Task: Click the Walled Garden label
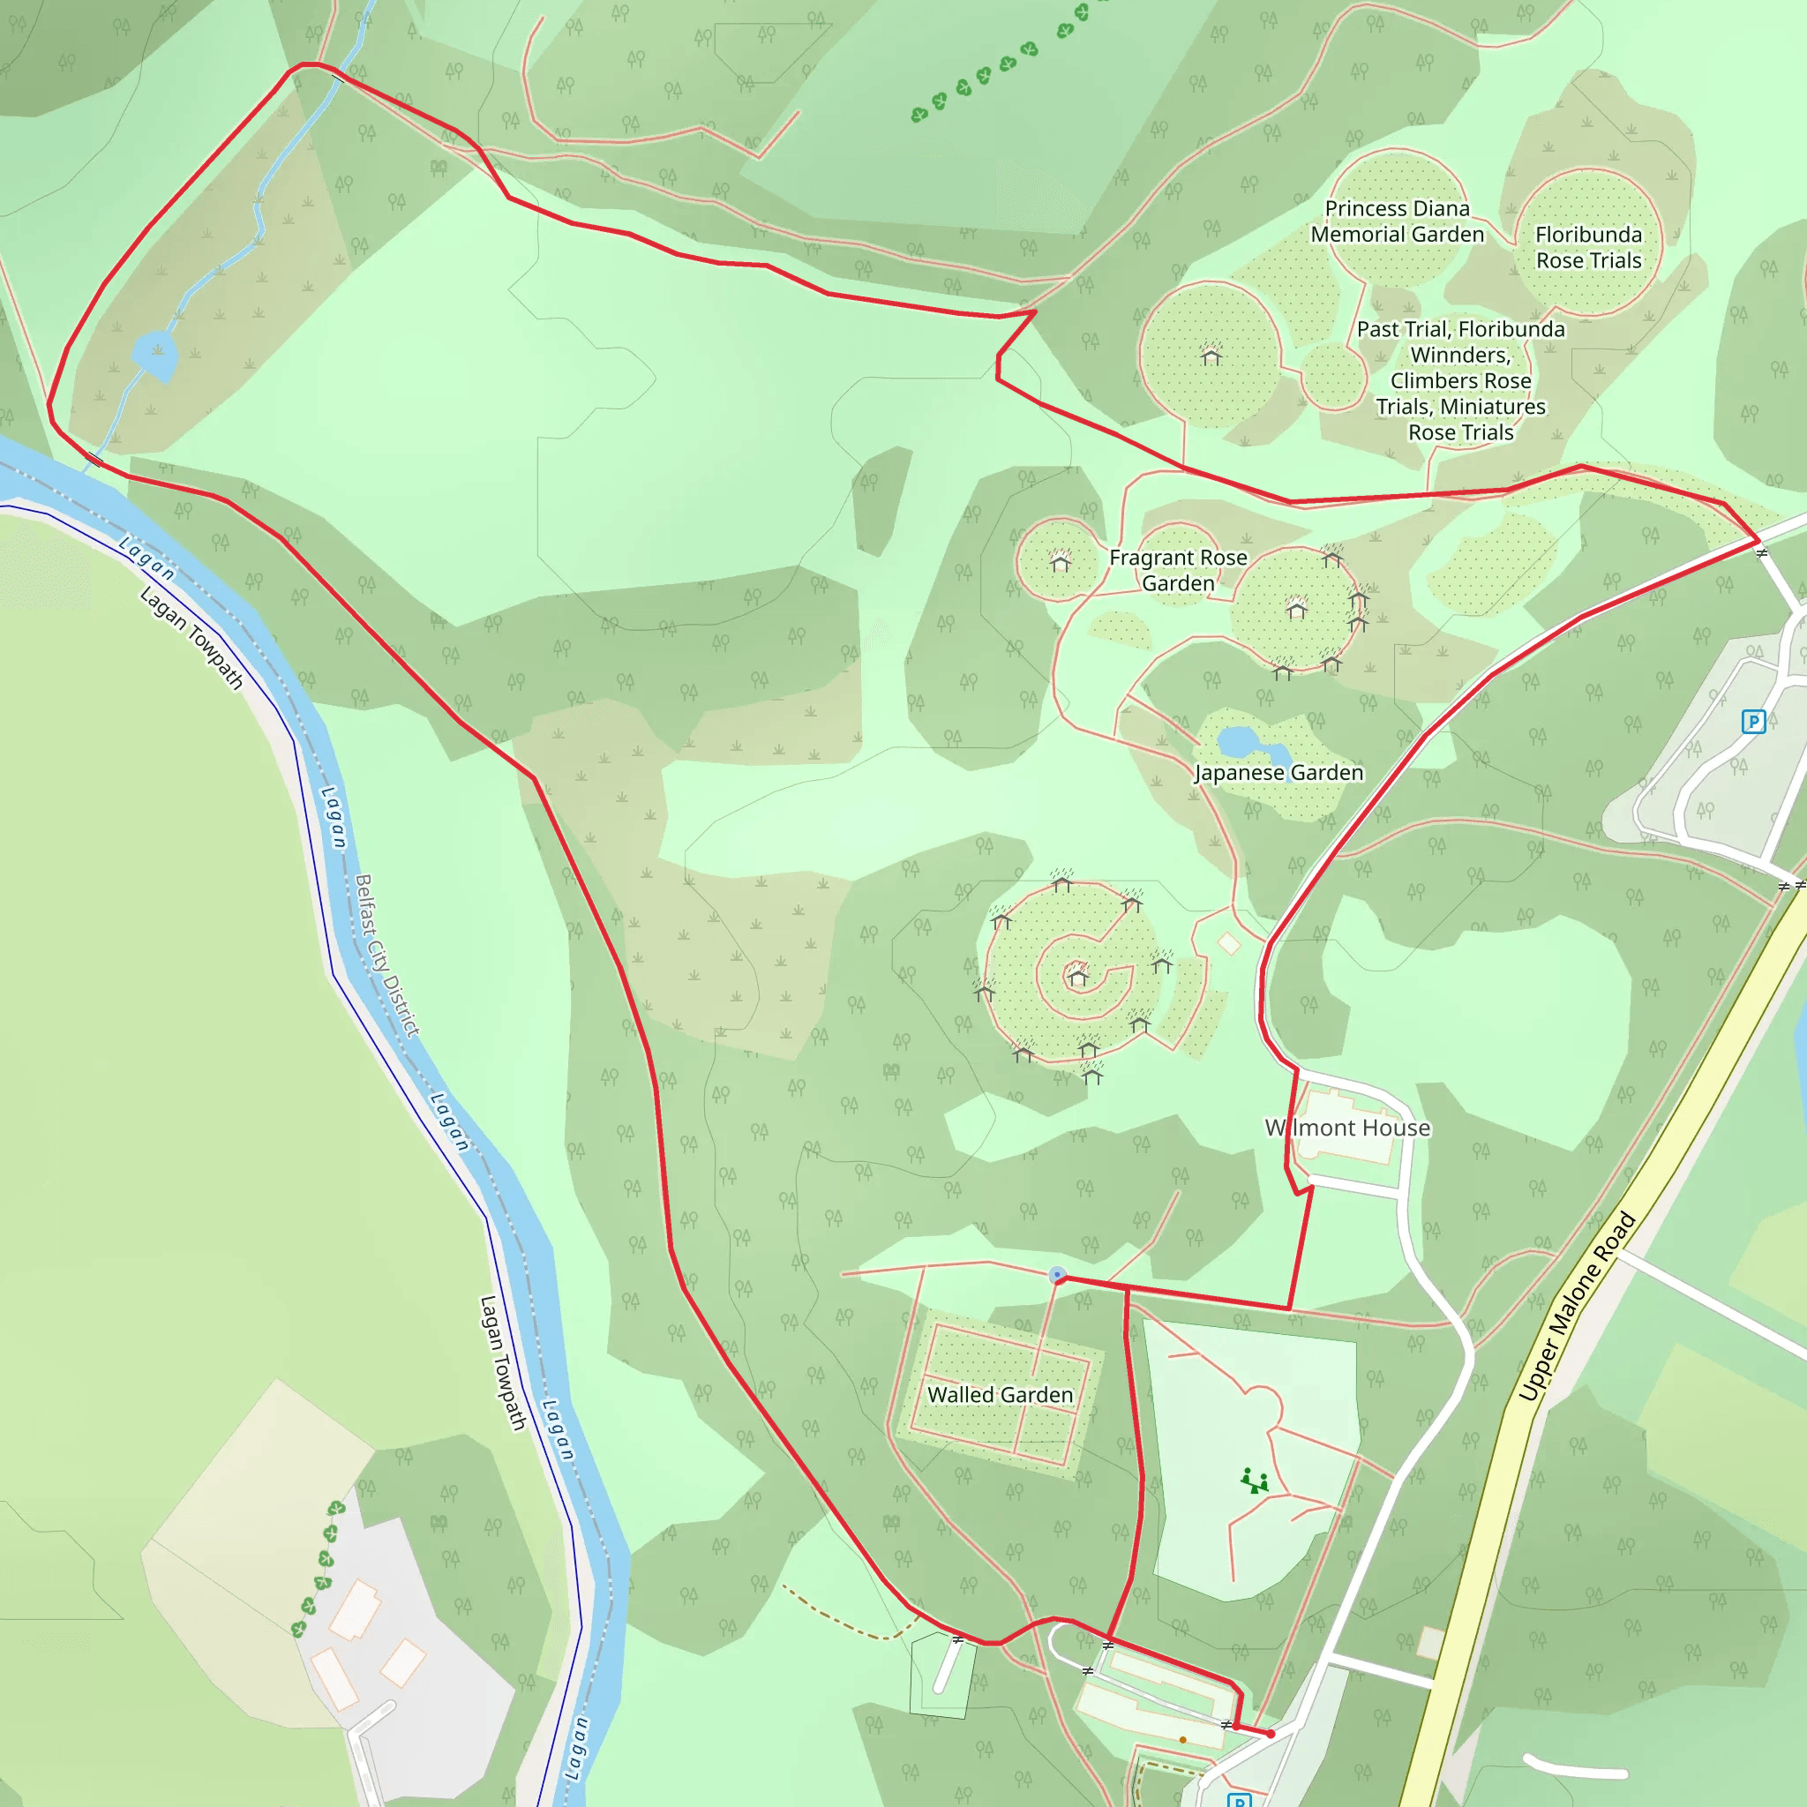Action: click(x=1000, y=1395)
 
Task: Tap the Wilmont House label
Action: click(x=1348, y=1128)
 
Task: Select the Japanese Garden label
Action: click(x=1278, y=773)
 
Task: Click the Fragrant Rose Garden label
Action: click(x=1178, y=570)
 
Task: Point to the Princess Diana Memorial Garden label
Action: click(x=1398, y=221)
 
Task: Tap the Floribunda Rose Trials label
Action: click(x=1588, y=247)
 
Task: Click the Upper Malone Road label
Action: click(x=1576, y=1307)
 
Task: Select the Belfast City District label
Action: click(x=386, y=955)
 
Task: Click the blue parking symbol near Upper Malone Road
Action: click(x=1753, y=721)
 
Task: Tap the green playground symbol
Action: click(x=1256, y=1481)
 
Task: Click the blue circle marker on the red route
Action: click(x=1057, y=1275)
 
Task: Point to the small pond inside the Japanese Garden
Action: click(x=1240, y=743)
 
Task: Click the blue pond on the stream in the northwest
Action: click(x=155, y=356)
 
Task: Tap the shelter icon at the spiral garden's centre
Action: click(x=1077, y=977)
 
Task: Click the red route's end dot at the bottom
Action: click(x=1271, y=1734)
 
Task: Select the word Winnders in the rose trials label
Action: click(x=1460, y=356)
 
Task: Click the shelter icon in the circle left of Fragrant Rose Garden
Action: click(x=1060, y=562)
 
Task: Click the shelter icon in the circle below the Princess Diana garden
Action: click(x=1211, y=356)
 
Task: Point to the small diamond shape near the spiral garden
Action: click(x=1229, y=944)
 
